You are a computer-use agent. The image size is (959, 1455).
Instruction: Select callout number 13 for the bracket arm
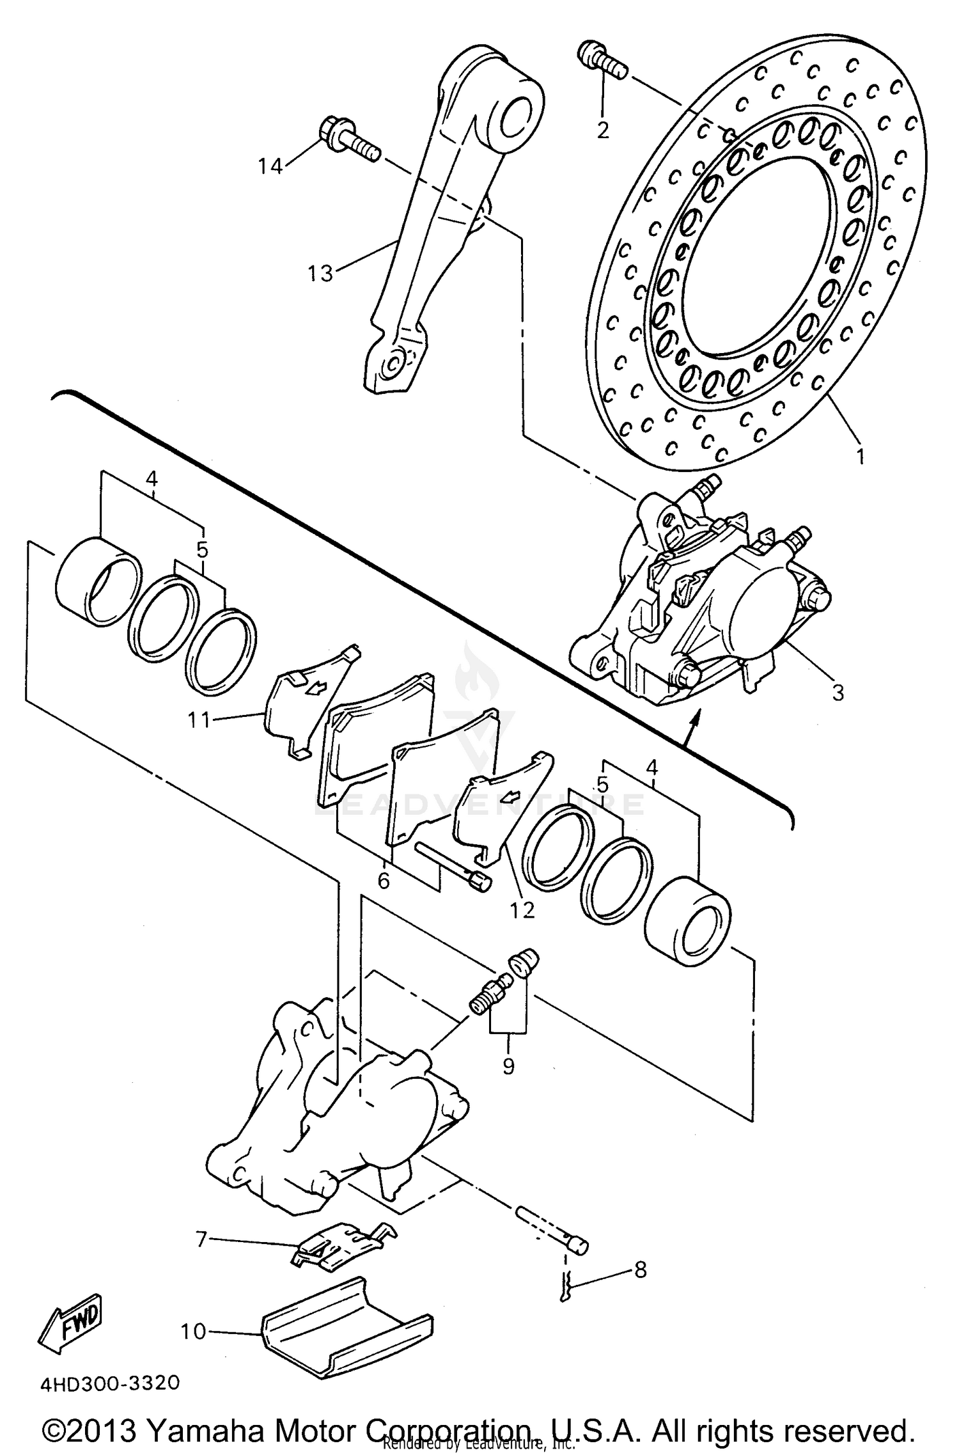(320, 274)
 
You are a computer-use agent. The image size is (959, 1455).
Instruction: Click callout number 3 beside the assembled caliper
(838, 693)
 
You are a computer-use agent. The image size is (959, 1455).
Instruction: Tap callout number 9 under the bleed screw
(508, 1067)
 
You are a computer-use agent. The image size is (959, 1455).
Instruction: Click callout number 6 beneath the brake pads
(384, 881)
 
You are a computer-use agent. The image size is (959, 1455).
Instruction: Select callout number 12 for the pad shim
(522, 910)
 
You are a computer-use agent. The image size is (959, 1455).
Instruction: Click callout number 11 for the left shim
(199, 720)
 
